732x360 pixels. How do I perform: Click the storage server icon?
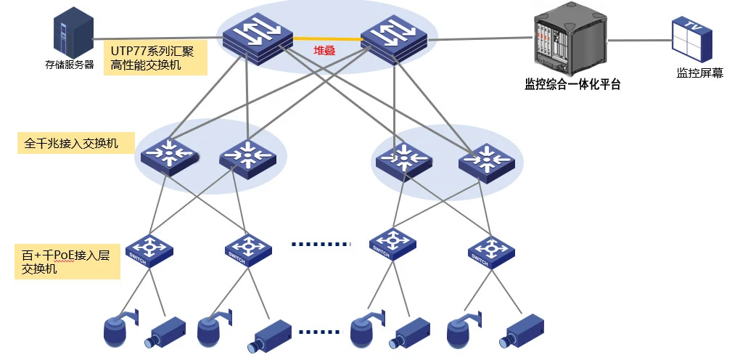pyautogui.click(x=74, y=34)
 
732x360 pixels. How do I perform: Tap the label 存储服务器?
pyautogui.click(x=70, y=65)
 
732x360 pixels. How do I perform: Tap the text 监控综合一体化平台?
pyautogui.click(x=572, y=84)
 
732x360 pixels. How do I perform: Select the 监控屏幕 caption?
pyautogui.click(x=699, y=73)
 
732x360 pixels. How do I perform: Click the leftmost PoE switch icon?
pyautogui.click(x=149, y=250)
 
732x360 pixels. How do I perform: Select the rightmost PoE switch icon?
pyautogui.click(x=491, y=250)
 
